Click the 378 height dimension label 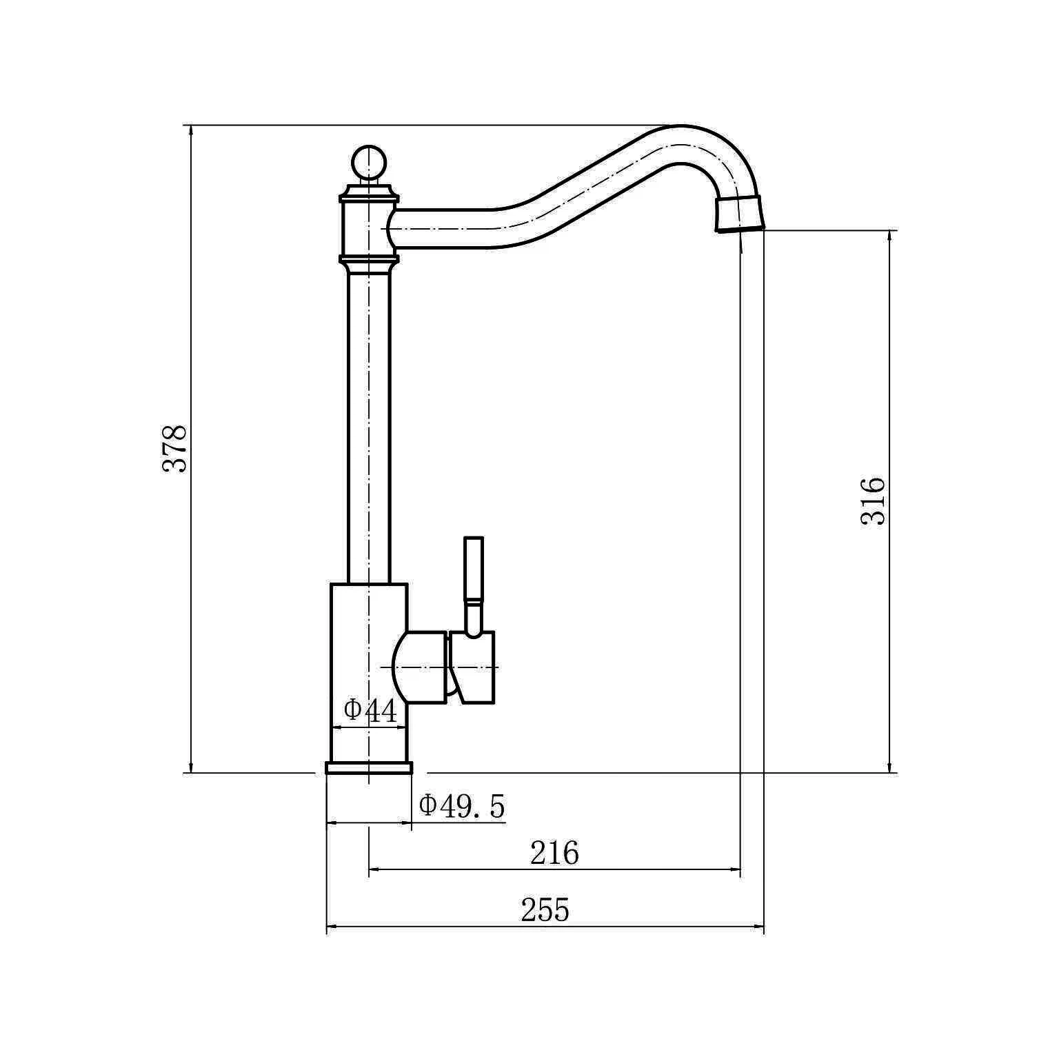pyautogui.click(x=174, y=448)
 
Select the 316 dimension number pyautogui.click(x=873, y=501)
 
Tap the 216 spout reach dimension pyautogui.click(x=554, y=854)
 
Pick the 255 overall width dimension pyautogui.click(x=545, y=910)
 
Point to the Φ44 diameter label pyautogui.click(x=371, y=711)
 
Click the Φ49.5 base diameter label pyautogui.click(x=462, y=805)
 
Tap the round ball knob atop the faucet pyautogui.click(x=369, y=162)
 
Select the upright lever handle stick pyautogui.click(x=474, y=585)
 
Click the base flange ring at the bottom pyautogui.click(x=369, y=768)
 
